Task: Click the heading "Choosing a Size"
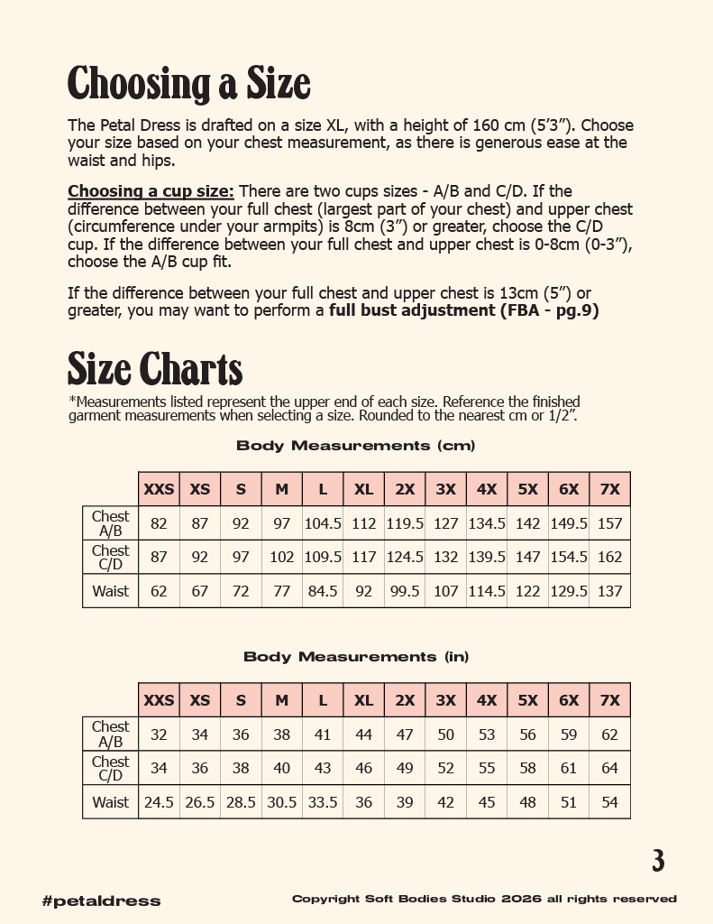189,84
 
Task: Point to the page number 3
658,861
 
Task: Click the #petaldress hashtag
101,901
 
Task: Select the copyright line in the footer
484,899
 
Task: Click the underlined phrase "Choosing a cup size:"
151,191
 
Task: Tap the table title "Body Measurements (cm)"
355,446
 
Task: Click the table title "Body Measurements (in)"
355,657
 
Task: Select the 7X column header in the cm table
609,489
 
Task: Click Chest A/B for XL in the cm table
363,523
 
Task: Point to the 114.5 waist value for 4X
487,591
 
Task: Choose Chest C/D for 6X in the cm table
569,557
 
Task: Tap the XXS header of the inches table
159,700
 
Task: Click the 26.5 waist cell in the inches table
200,802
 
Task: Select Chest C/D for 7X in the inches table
609,768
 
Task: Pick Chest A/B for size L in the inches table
323,735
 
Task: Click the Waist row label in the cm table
110,591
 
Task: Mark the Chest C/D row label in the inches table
110,768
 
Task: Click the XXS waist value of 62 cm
159,591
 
